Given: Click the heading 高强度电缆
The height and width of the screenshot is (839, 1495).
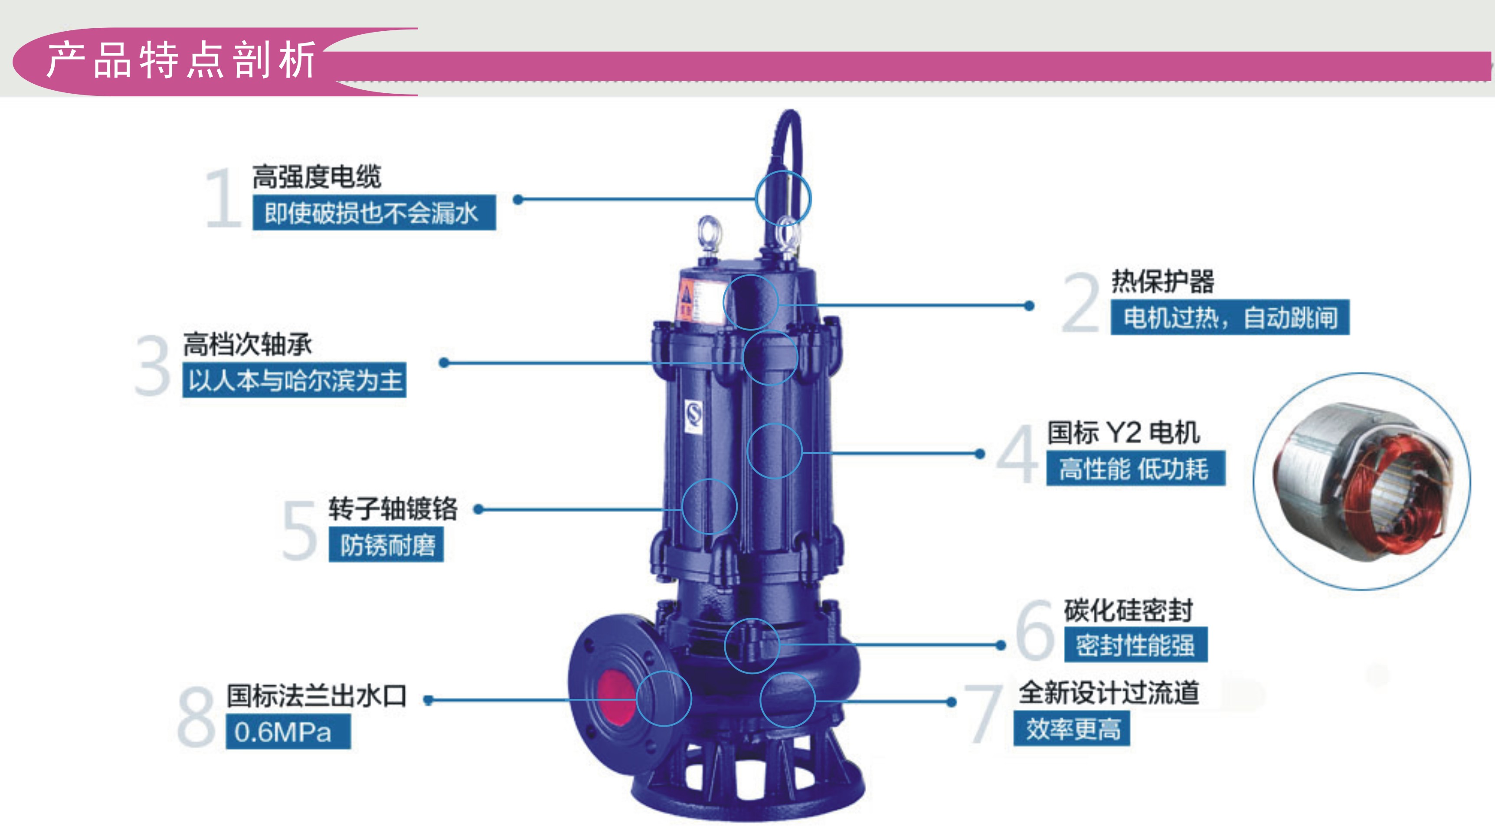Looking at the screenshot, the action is coord(317,177).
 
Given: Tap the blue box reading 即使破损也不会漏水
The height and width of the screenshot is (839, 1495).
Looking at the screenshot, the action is coord(374,213).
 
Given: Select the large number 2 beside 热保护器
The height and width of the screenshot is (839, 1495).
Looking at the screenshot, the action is coord(1081,303).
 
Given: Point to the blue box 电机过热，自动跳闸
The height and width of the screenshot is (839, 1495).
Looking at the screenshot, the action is coord(1230,317).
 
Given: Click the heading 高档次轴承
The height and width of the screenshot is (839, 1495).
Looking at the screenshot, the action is coord(248,344).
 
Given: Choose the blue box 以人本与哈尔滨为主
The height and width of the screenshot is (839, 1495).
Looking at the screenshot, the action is coord(294,380).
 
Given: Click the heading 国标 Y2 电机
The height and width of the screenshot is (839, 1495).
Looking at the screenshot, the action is coord(1124,433).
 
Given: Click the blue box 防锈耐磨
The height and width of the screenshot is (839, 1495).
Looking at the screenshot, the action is coord(386,544).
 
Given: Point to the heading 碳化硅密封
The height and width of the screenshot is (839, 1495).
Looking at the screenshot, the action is coord(1128,610).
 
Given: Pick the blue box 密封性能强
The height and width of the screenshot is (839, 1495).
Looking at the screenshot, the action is coord(1136,645).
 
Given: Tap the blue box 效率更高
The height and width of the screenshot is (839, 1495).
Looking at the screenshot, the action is coord(1072,729).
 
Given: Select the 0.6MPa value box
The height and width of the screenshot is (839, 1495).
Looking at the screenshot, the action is coord(288,731).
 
